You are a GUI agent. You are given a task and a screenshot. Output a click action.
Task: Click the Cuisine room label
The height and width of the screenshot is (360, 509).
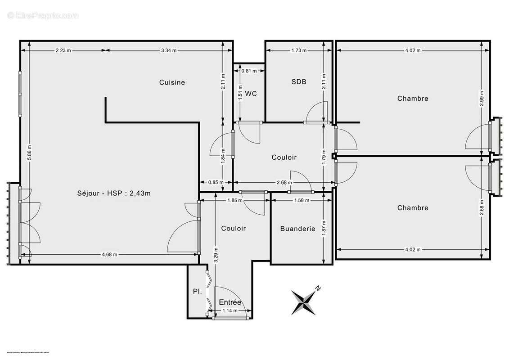tap(172, 82)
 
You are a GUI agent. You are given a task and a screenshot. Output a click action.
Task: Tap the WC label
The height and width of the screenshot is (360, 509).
tap(251, 94)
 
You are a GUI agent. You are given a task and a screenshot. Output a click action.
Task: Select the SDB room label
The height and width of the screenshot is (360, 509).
tap(299, 82)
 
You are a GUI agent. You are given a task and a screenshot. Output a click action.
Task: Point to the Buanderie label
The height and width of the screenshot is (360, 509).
tap(297, 229)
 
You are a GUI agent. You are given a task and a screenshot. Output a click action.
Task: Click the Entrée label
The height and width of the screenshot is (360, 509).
tap(230, 302)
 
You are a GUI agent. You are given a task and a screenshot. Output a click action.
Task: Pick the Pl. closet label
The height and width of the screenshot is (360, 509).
tap(197, 292)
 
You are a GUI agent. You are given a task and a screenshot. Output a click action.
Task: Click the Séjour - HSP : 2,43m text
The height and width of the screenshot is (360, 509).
tap(113, 193)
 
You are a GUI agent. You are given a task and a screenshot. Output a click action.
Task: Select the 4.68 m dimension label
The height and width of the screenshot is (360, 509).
tap(109, 254)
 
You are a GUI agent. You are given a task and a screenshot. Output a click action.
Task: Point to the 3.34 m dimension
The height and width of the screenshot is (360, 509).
tap(169, 50)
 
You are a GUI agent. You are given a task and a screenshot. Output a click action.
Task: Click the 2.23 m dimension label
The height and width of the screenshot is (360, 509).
tap(63, 50)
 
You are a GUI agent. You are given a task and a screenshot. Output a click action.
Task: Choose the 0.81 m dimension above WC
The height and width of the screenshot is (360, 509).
tap(249, 71)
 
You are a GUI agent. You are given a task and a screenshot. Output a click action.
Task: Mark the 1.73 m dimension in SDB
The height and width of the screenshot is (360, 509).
tap(299, 50)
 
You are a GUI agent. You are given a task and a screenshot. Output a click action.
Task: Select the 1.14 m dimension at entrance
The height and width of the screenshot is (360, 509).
tap(230, 311)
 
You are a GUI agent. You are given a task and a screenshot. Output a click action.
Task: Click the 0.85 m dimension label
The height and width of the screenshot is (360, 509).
tap(216, 182)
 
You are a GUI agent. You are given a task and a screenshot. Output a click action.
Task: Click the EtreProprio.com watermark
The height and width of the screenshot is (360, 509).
tap(43, 16)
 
